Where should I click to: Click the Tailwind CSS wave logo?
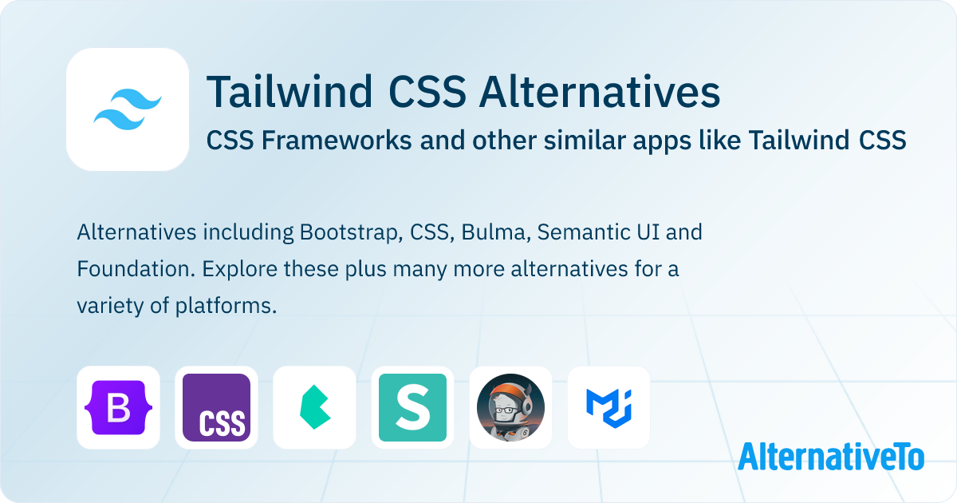128,109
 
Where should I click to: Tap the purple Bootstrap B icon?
118,407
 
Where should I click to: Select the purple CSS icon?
216,407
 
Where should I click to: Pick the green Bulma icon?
314,407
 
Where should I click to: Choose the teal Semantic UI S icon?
412,407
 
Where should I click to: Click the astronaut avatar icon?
510,407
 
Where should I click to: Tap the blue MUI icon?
608,407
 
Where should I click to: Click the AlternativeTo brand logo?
830,456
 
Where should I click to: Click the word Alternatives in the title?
599,93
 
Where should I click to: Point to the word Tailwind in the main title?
289,93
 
